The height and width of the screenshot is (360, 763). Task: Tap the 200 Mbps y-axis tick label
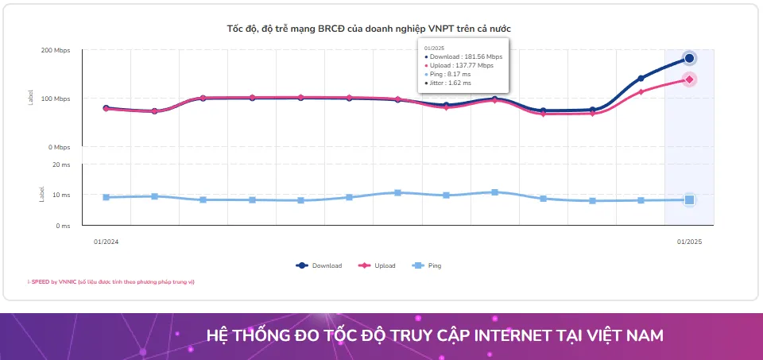tap(56, 50)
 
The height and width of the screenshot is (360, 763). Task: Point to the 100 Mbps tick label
tap(56, 99)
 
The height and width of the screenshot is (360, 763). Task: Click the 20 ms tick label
tap(61, 165)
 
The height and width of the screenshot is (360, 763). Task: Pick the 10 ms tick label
tap(61, 195)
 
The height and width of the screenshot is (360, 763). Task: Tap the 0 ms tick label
tap(63, 226)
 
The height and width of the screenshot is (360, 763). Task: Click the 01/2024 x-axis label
tap(106, 241)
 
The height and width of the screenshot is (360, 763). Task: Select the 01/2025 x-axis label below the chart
tap(689, 241)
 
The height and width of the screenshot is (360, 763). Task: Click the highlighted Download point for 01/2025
tap(689, 58)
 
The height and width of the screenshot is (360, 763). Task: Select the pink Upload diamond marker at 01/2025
tap(689, 79)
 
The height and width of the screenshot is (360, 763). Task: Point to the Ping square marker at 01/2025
tap(689, 200)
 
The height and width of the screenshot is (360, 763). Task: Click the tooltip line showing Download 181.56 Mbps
tap(465, 57)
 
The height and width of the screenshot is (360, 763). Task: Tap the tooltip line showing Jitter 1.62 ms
tap(451, 83)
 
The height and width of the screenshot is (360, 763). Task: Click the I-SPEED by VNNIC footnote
tap(110, 282)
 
